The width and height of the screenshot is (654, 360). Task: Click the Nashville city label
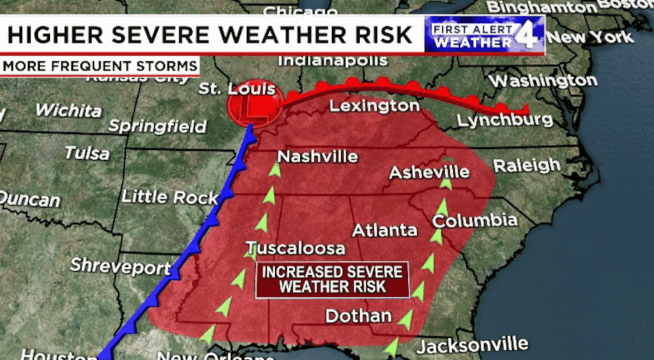tap(317, 156)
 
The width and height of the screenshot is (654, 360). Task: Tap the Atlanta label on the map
tap(384, 230)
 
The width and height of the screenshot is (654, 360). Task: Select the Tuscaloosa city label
tap(296, 248)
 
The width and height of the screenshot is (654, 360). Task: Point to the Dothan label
tap(358, 315)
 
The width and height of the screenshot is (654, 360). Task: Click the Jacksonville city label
tap(472, 346)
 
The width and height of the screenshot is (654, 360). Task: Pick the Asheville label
tap(429, 172)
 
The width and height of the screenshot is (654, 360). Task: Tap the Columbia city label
tap(475, 221)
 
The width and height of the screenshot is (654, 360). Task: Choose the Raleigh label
tap(526, 165)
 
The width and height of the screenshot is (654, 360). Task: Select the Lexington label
tap(374, 106)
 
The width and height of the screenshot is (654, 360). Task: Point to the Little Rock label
tap(169, 197)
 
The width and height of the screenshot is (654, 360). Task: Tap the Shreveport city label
tap(120, 266)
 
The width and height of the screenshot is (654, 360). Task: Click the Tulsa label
tap(87, 153)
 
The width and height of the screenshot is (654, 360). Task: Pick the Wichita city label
tap(68, 110)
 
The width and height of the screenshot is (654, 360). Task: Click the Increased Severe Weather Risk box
tap(332, 279)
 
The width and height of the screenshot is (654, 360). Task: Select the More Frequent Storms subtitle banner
tap(100, 66)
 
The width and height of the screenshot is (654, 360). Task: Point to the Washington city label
tap(543, 81)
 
